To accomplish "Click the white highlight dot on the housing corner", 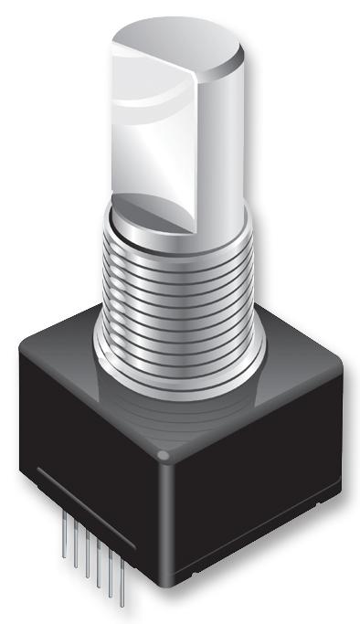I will click(x=164, y=454).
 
